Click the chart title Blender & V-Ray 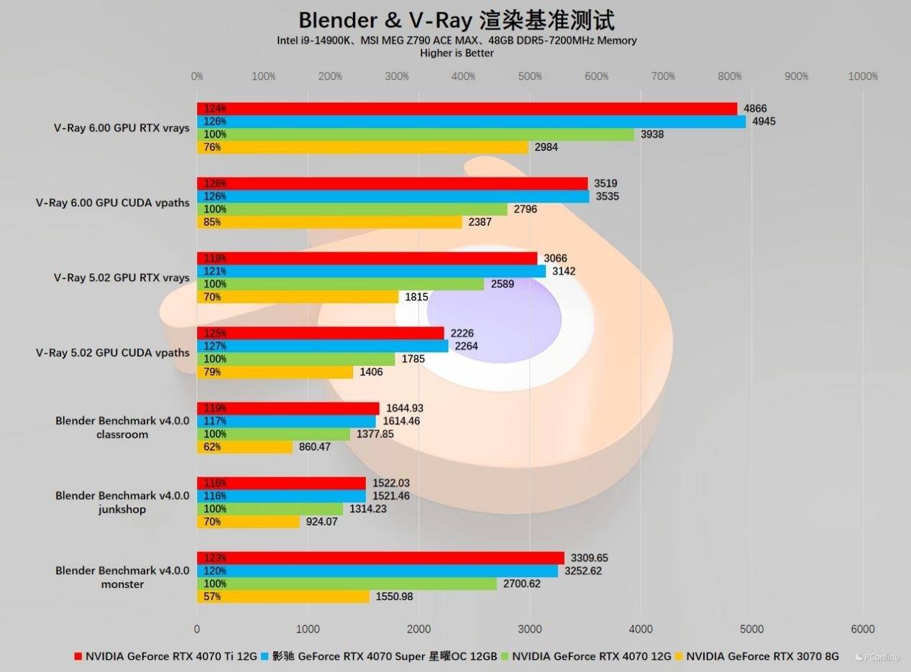457,19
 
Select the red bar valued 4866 467,109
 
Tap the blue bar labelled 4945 472,121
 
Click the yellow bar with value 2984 363,147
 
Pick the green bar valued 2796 352,209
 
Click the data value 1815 418,297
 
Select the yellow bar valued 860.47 245,447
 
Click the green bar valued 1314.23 270,509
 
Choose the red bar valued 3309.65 380,558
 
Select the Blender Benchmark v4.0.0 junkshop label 122,502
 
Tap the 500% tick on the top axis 530,76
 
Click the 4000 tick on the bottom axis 641,629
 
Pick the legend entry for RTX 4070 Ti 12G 165,656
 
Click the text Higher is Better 457,53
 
